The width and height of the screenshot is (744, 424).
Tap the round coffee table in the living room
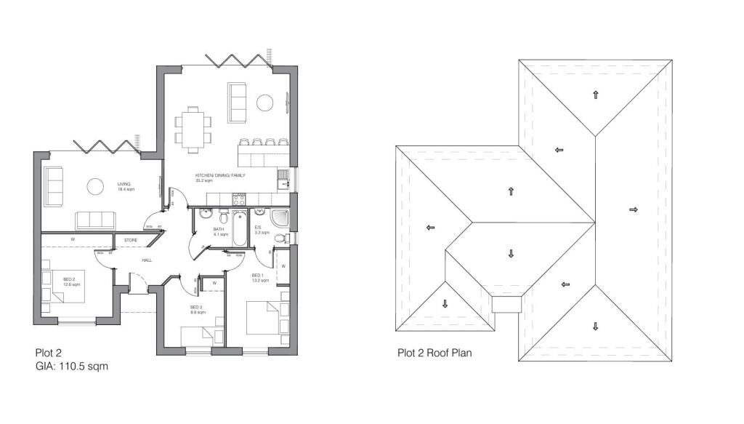tap(96, 187)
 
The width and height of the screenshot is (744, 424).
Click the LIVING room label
tap(124, 184)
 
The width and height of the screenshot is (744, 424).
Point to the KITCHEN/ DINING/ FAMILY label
tap(220, 176)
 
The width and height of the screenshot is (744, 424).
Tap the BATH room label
tap(218, 231)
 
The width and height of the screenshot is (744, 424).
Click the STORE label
tap(131, 239)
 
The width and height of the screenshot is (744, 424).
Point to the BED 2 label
tap(69, 279)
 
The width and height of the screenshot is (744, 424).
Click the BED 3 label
tap(195, 307)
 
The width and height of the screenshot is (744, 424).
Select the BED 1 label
tap(257, 275)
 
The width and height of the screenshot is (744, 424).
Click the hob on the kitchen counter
tap(238, 198)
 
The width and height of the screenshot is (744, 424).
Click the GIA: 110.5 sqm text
tap(72, 367)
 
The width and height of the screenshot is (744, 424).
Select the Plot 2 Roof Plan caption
tap(434, 353)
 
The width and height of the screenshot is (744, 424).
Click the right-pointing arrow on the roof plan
tap(633, 209)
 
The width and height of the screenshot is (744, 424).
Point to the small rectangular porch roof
tap(507, 303)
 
